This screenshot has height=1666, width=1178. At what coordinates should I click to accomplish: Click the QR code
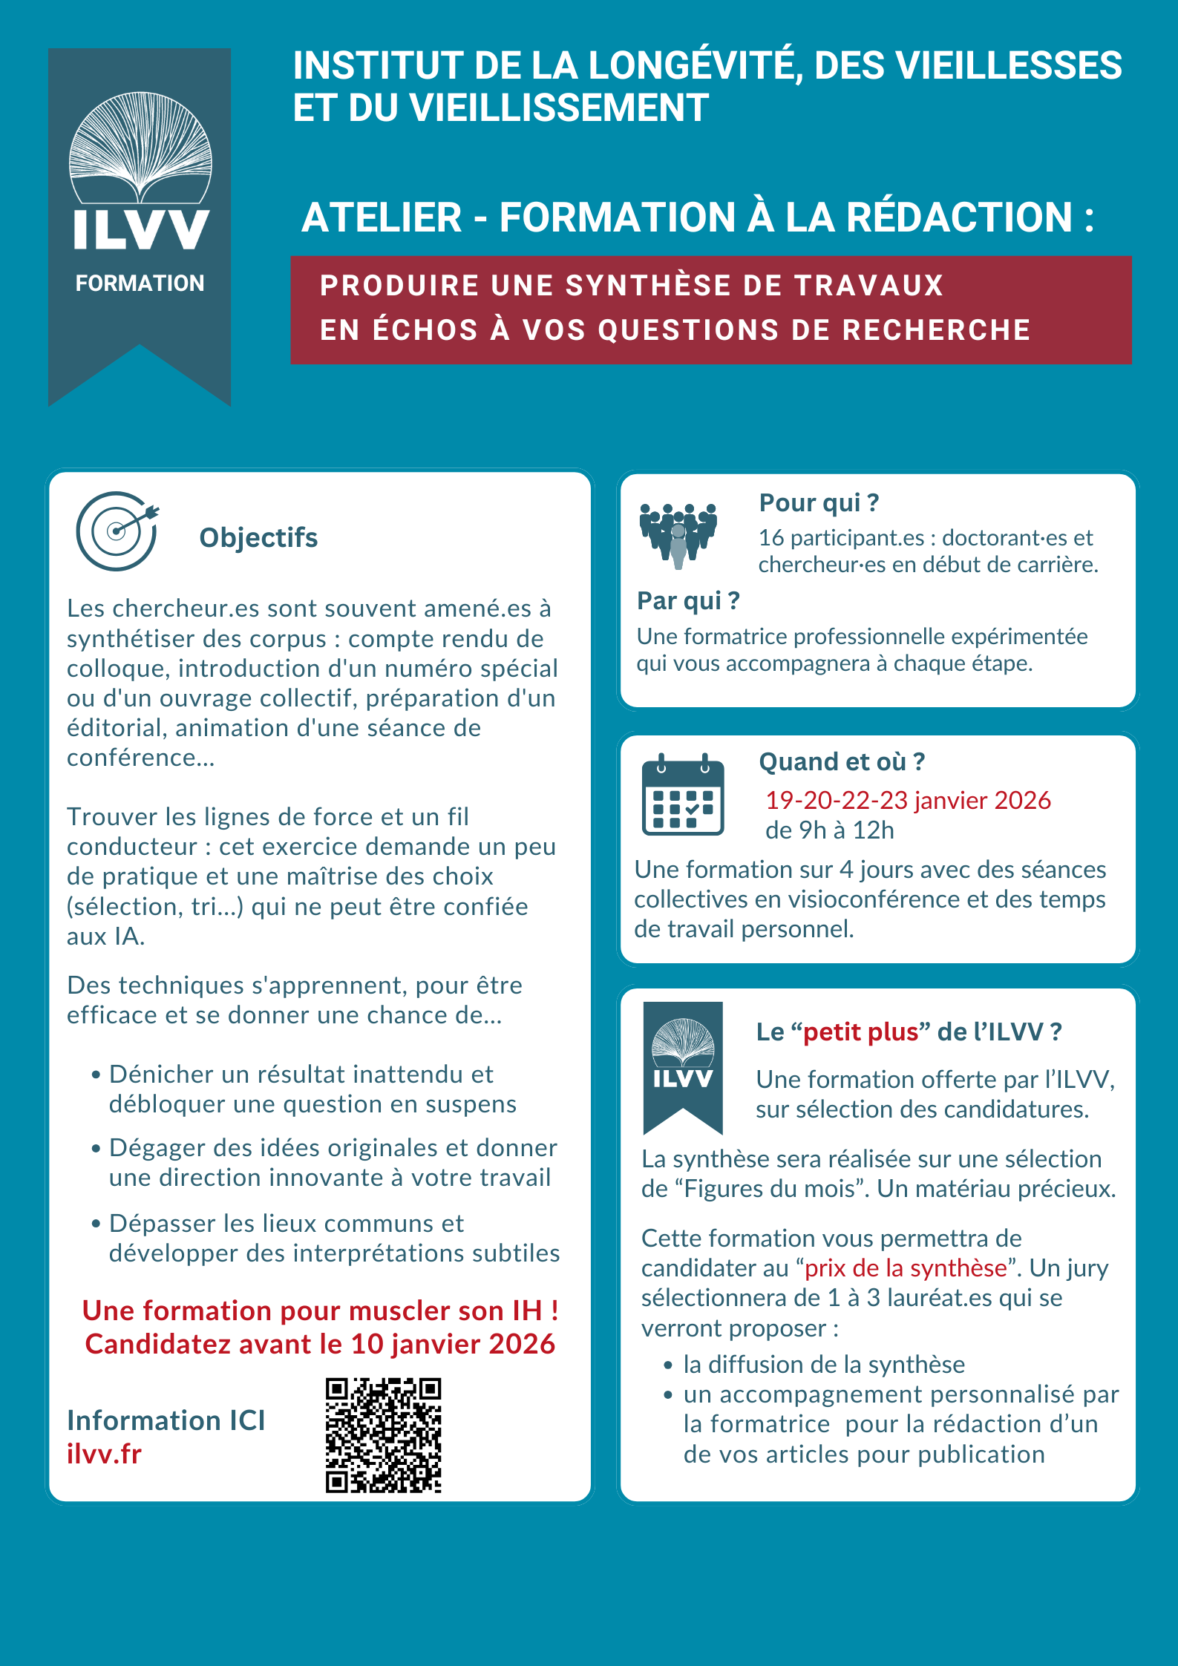tap(383, 1435)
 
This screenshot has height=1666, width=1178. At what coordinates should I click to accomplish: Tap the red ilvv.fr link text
tap(104, 1455)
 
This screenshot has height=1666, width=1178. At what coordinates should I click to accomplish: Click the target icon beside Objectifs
tap(117, 531)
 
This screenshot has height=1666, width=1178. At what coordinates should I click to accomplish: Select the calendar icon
tap(682, 796)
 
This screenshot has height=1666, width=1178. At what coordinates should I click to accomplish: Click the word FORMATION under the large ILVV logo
tap(140, 283)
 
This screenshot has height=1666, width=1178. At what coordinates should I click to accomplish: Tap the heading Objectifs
tap(258, 538)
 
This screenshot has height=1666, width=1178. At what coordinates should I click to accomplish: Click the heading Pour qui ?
tap(819, 503)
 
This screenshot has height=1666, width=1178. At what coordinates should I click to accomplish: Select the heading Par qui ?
tap(688, 600)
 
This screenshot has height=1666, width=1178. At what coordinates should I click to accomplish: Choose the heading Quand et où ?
tap(842, 762)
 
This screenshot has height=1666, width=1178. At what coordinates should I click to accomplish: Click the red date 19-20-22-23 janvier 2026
tap(908, 800)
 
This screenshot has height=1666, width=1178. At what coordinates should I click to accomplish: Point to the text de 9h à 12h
tap(829, 830)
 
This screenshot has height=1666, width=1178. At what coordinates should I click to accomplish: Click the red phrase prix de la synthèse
tap(906, 1268)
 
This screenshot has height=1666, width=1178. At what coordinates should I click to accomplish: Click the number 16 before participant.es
tap(770, 538)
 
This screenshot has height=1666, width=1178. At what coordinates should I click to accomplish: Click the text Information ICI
tap(166, 1420)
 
